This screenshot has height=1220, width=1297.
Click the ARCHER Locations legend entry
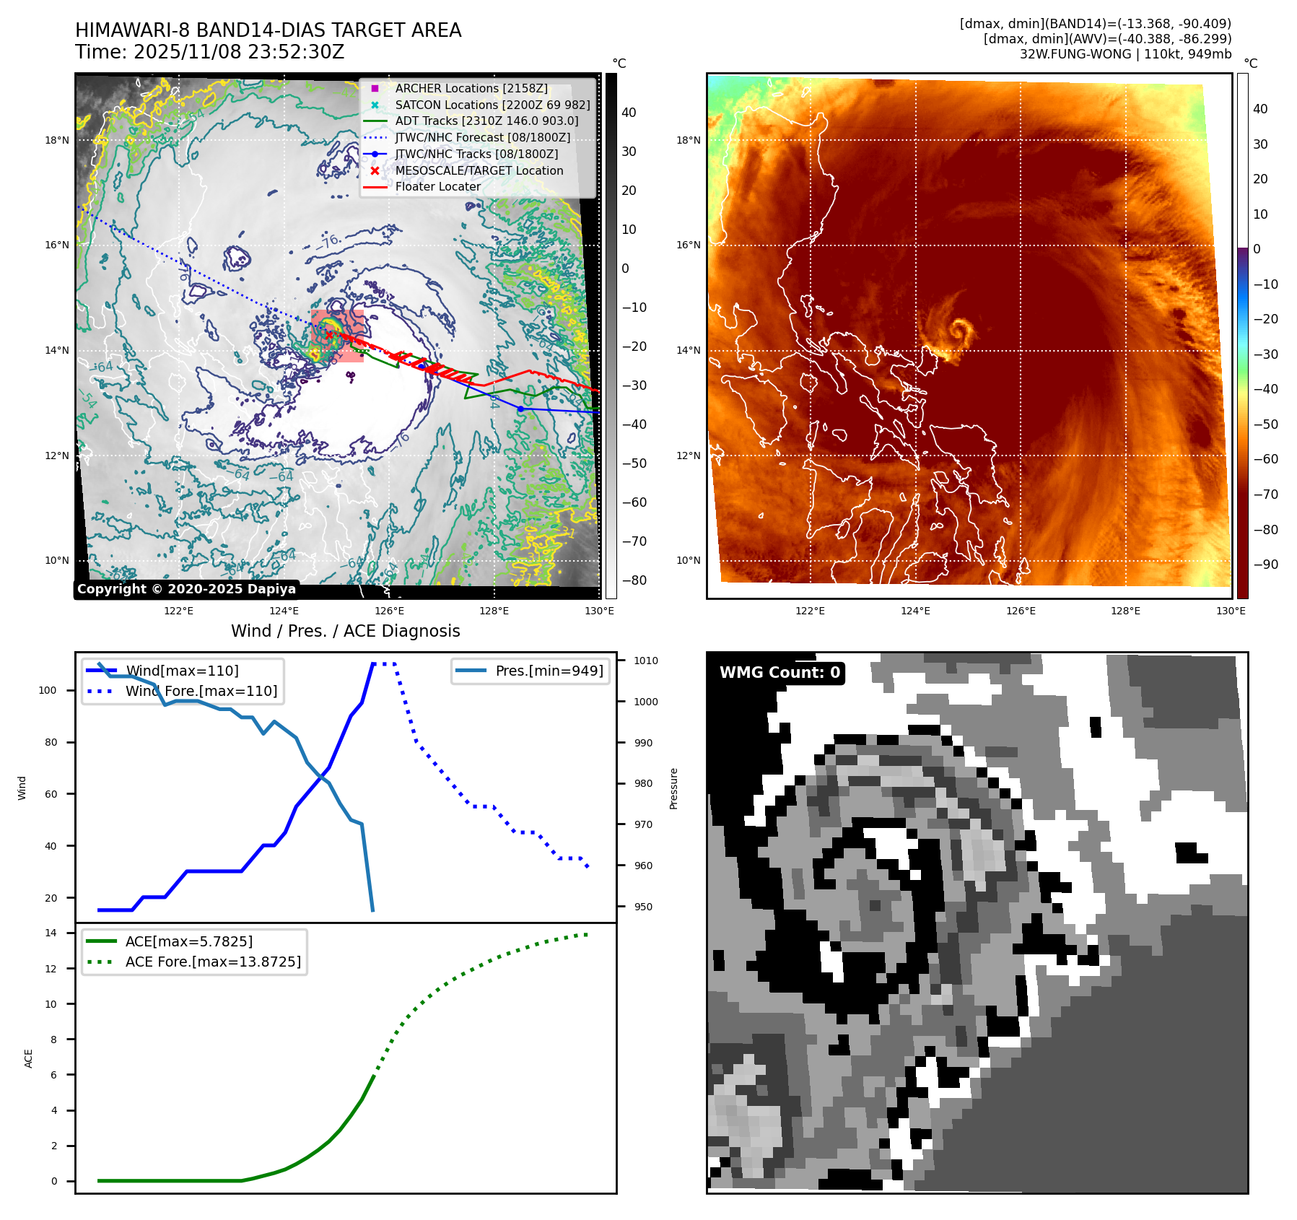click(x=471, y=88)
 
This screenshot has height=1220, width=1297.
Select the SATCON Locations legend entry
click(x=492, y=105)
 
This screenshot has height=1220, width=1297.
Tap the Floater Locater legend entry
click(x=437, y=186)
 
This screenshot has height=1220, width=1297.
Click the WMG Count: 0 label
click(x=779, y=673)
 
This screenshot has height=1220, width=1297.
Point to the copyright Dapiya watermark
click(x=186, y=589)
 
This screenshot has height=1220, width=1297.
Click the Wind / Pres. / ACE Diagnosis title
click(x=345, y=631)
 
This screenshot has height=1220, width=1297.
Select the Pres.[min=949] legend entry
click(x=549, y=671)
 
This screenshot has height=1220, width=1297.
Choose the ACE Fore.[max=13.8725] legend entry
click(x=213, y=962)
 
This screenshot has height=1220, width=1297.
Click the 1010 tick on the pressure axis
click(x=646, y=661)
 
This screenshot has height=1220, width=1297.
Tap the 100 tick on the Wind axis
click(x=48, y=690)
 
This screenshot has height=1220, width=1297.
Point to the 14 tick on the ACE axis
click(x=51, y=933)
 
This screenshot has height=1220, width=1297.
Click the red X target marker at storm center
click(x=328, y=335)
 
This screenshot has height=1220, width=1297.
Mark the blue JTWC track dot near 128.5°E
click(x=520, y=409)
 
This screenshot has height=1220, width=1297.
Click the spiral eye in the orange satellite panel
click(x=959, y=331)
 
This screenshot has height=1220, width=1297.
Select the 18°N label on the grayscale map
click(x=57, y=140)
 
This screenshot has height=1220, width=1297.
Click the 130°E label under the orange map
click(x=1231, y=611)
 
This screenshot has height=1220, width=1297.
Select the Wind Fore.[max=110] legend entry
click(x=201, y=691)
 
